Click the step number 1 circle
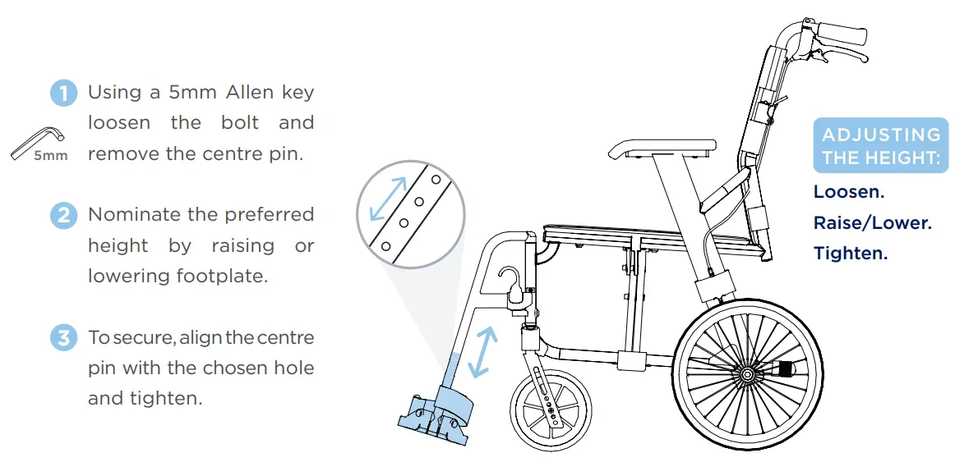click(x=64, y=93)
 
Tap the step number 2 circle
click(x=64, y=216)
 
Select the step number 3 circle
click(x=64, y=338)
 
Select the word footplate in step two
click(x=223, y=276)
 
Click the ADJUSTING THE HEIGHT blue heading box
click(x=880, y=147)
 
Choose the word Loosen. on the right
click(x=848, y=192)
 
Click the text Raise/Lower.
click(x=872, y=223)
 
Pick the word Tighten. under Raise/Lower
click(x=850, y=254)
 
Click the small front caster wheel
click(x=550, y=410)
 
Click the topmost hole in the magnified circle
click(x=436, y=178)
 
